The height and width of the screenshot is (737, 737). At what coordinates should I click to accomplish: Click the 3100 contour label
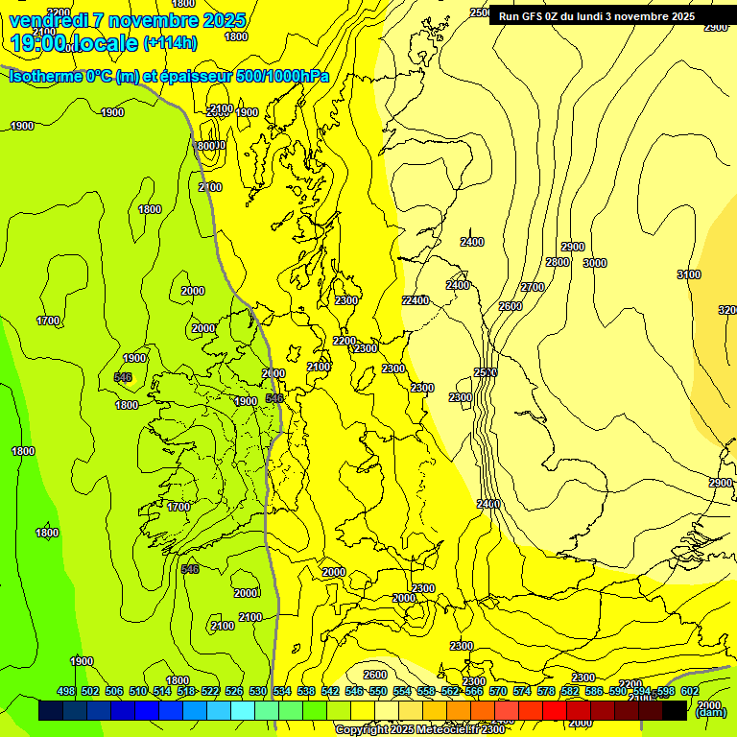689,274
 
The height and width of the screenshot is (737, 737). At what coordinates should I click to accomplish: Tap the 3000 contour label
595,263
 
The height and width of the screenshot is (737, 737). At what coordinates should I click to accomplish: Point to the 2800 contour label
558,262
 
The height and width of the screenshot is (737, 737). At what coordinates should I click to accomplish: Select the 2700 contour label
533,287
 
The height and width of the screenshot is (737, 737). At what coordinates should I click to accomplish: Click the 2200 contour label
344,341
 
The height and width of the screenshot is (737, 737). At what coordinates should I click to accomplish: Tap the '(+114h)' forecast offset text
170,43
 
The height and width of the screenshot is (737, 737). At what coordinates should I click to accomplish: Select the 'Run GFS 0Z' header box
596,16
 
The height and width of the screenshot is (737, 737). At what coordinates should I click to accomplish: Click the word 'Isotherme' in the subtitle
47,77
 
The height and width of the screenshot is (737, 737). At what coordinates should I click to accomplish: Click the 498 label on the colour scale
65,691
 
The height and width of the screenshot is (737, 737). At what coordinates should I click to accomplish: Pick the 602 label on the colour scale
690,691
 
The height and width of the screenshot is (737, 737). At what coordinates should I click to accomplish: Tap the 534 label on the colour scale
281,691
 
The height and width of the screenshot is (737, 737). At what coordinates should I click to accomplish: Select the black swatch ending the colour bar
675,710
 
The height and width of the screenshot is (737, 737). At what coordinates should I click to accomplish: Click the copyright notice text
419,729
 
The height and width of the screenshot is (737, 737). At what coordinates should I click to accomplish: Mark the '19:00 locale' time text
73,43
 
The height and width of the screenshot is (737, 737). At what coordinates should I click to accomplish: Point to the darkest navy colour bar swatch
51,710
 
